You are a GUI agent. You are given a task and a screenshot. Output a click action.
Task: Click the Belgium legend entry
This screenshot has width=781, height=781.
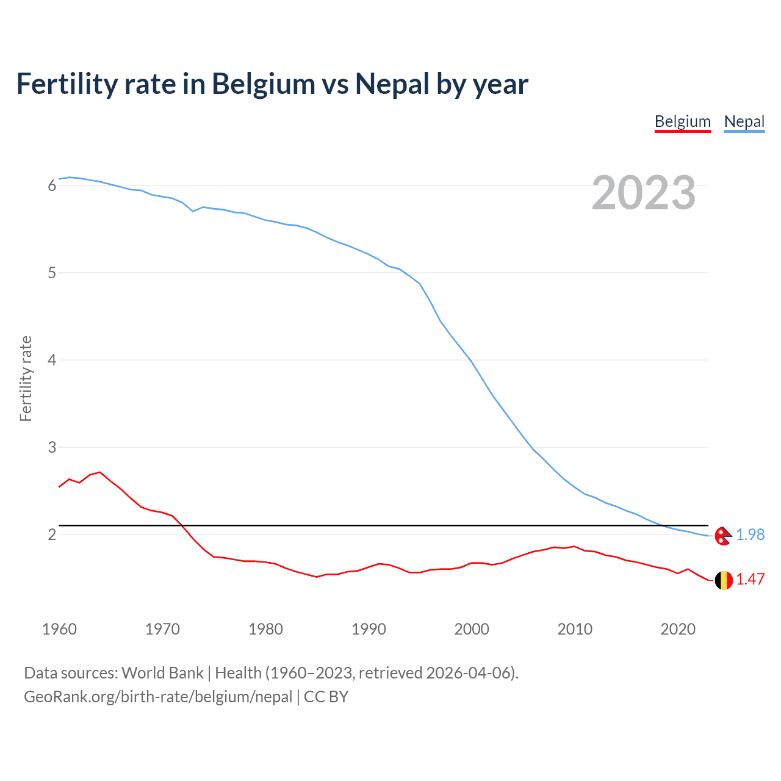click(682, 121)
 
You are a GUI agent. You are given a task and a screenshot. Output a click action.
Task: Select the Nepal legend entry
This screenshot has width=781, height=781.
click(744, 121)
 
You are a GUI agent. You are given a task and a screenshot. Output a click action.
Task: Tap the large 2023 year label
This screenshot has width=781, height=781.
click(644, 193)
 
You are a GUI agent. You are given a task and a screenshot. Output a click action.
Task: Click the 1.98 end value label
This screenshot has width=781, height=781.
click(750, 534)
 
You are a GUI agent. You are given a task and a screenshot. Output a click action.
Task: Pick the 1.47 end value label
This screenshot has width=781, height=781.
click(750, 579)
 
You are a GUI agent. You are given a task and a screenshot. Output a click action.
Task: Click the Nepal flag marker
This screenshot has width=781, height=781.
click(723, 535)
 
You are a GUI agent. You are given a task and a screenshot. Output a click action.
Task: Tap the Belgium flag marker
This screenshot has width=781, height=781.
click(723, 580)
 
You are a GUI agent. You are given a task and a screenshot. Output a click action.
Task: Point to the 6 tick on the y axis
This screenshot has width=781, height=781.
click(52, 185)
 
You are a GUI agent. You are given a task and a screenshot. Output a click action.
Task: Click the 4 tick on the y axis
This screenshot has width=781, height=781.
click(52, 360)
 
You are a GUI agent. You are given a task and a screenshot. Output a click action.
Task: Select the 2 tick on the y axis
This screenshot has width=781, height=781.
click(52, 534)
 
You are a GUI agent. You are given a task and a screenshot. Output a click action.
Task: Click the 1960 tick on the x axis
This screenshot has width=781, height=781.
click(59, 629)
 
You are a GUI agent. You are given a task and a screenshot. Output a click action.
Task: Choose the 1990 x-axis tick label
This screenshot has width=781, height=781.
click(369, 629)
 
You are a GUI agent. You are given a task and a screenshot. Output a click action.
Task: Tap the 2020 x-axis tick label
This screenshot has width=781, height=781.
click(678, 629)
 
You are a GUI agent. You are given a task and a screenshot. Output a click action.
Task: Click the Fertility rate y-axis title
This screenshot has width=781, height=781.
click(26, 378)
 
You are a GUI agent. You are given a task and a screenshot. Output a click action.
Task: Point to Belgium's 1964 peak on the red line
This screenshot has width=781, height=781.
click(100, 472)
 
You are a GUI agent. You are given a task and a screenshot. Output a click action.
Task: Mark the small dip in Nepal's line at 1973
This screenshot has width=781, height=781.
click(193, 211)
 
